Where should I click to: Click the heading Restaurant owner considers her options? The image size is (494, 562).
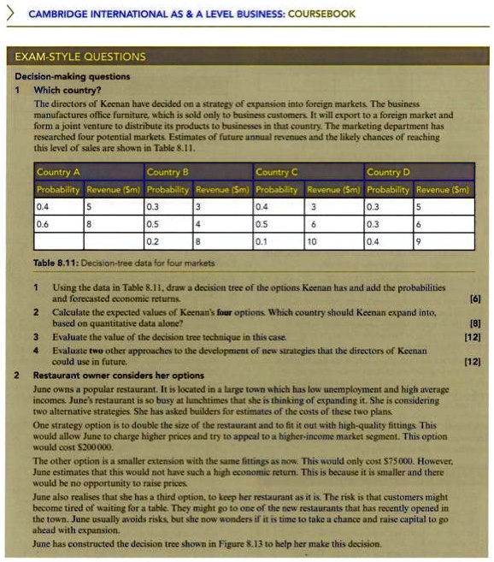pyautogui.click(x=118, y=375)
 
